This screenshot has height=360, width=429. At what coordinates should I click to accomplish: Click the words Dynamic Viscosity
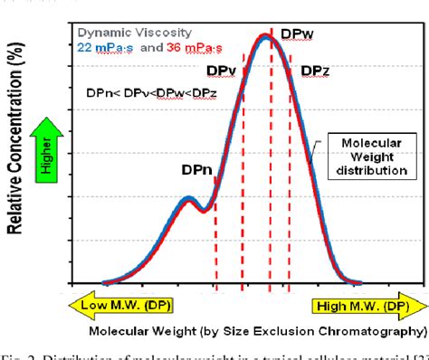tap(136, 33)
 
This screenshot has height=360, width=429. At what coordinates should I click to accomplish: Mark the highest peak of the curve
tap(264, 37)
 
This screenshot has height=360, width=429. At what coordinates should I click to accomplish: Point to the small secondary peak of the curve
tap(188, 199)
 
